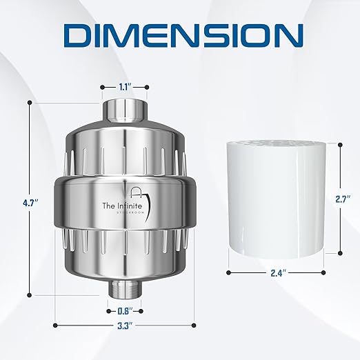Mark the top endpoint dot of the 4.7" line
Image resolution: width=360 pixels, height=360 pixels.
click(x=30, y=102)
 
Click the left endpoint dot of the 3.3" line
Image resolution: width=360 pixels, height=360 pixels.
click(x=54, y=325)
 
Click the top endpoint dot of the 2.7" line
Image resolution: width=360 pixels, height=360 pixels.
click(x=339, y=143)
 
